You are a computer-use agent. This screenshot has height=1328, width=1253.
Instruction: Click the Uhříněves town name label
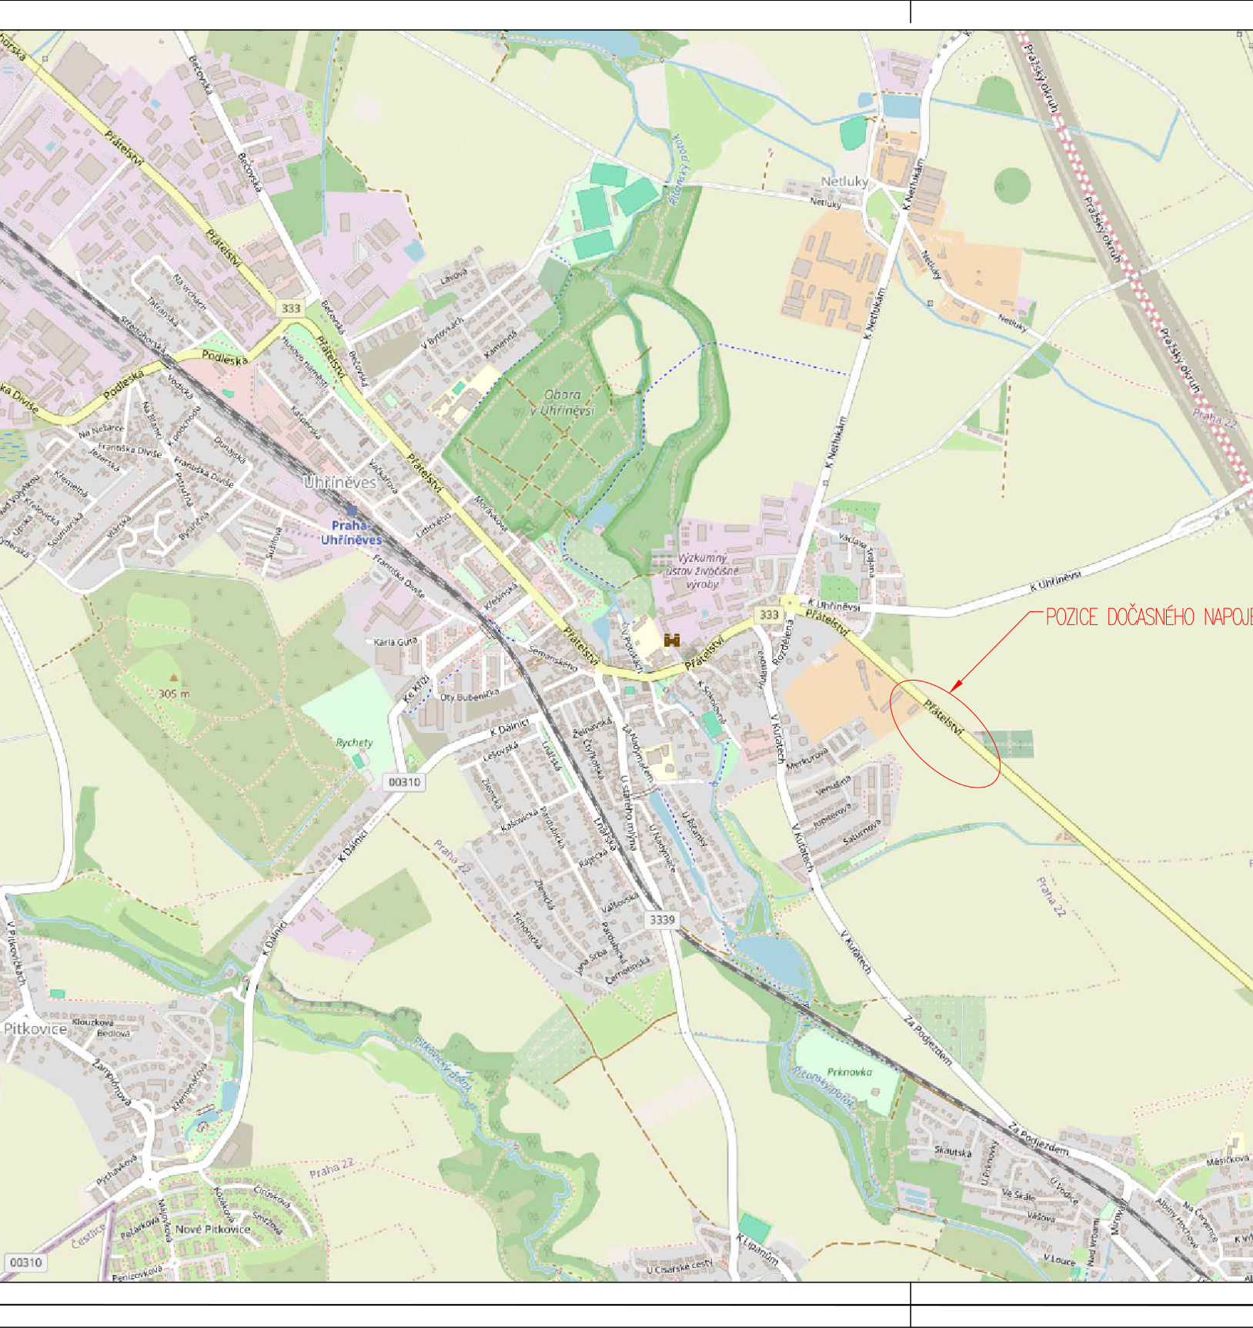pyautogui.click(x=339, y=483)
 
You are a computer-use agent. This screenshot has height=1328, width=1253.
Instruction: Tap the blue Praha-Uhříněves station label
pyautogui.click(x=351, y=533)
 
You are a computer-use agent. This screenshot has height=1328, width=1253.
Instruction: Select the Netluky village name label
pyautogui.click(x=844, y=181)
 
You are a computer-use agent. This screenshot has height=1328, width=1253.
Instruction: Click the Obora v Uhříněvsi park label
pyautogui.click(x=563, y=403)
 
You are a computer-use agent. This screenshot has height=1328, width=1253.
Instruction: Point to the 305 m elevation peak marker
pyautogui.click(x=174, y=678)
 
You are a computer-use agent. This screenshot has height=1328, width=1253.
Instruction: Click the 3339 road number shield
pyautogui.click(x=662, y=919)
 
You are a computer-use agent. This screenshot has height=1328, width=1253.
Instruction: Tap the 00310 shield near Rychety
pyautogui.click(x=404, y=782)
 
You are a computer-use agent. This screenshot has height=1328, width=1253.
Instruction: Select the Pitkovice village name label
pyautogui.click(x=35, y=1029)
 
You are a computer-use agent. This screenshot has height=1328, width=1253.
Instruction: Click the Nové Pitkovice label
pyautogui.click(x=212, y=1229)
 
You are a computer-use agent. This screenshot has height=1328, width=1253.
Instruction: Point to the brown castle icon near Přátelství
pyautogui.click(x=672, y=640)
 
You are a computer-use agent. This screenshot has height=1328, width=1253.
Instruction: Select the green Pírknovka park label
pyautogui.click(x=850, y=1072)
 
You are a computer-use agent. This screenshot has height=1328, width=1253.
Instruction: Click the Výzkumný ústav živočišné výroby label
pyautogui.click(x=702, y=571)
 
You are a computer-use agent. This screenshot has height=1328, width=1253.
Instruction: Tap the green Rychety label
pyautogui.click(x=354, y=743)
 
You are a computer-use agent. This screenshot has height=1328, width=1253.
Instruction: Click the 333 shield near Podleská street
pyautogui.click(x=290, y=308)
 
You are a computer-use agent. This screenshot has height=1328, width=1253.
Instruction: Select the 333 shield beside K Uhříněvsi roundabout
pyautogui.click(x=769, y=614)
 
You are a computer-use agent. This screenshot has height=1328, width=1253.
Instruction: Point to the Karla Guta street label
pyautogui.click(x=396, y=641)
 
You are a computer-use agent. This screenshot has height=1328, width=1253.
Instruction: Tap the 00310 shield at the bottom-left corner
pyautogui.click(x=25, y=1263)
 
